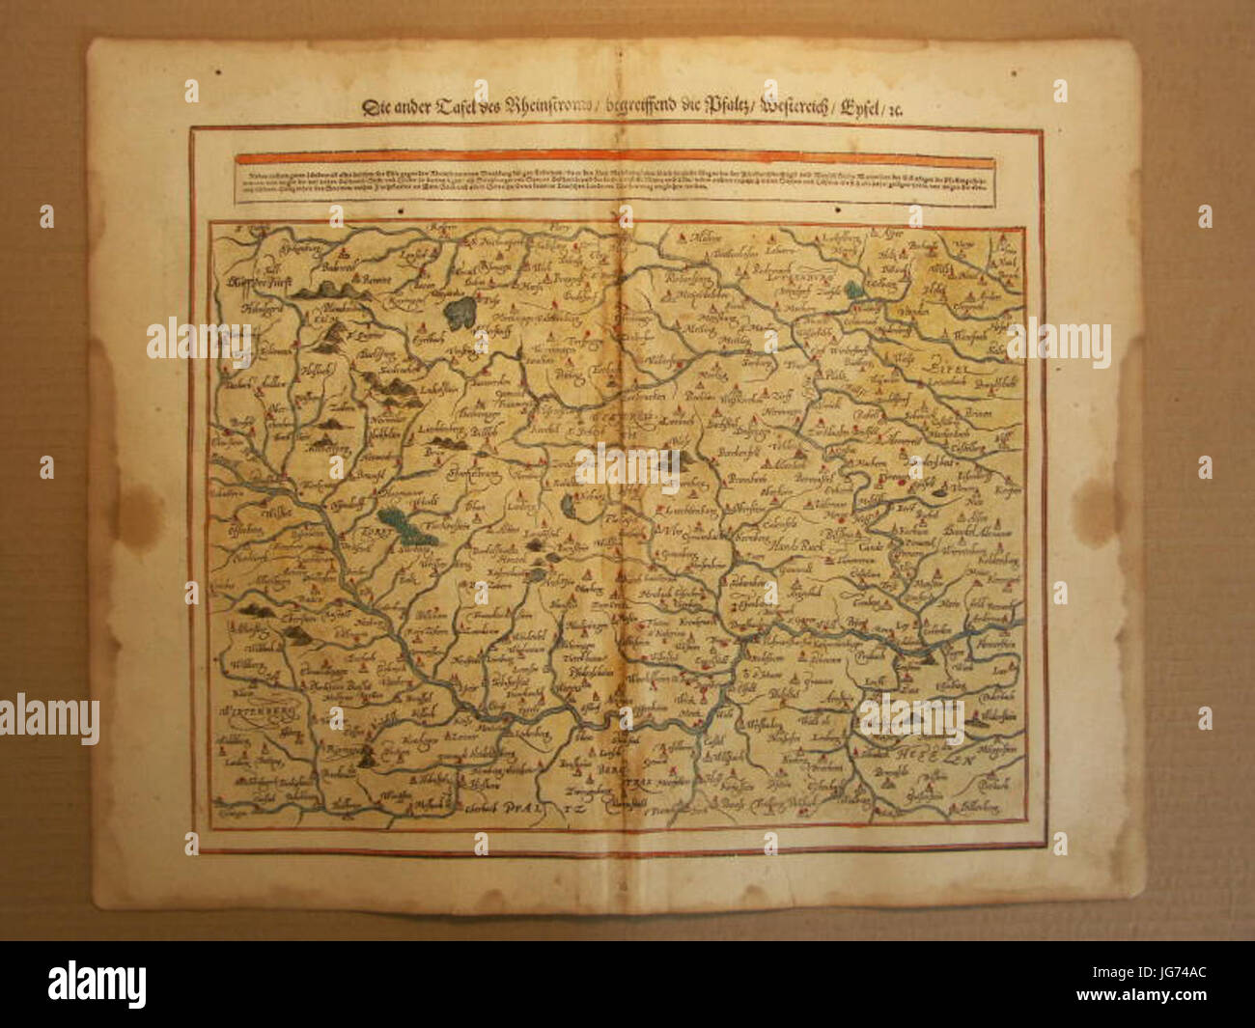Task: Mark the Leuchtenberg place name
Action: click(688, 505)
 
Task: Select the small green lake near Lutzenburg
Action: click(853, 289)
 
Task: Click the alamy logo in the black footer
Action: click(97, 985)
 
